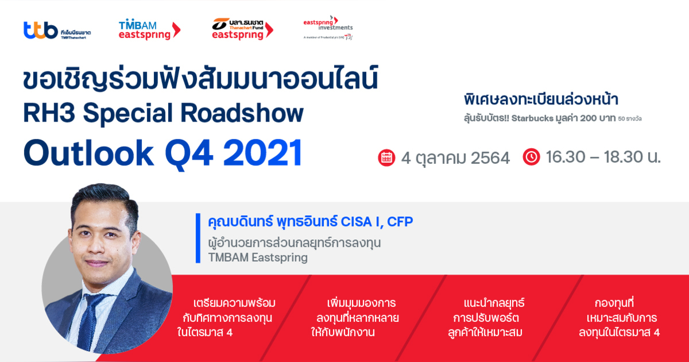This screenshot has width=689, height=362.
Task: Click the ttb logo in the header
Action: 57,30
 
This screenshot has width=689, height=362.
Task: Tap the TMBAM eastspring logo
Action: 149,29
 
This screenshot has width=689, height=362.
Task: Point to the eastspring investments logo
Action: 328,28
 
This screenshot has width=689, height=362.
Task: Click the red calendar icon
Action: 386,157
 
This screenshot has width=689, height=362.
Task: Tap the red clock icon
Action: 532,157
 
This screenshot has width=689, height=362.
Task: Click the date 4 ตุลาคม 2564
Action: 455,158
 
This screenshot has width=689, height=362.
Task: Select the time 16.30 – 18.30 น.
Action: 603,157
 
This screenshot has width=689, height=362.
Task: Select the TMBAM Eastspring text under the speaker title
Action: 258,257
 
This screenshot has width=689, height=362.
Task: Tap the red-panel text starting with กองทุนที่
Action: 618,317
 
